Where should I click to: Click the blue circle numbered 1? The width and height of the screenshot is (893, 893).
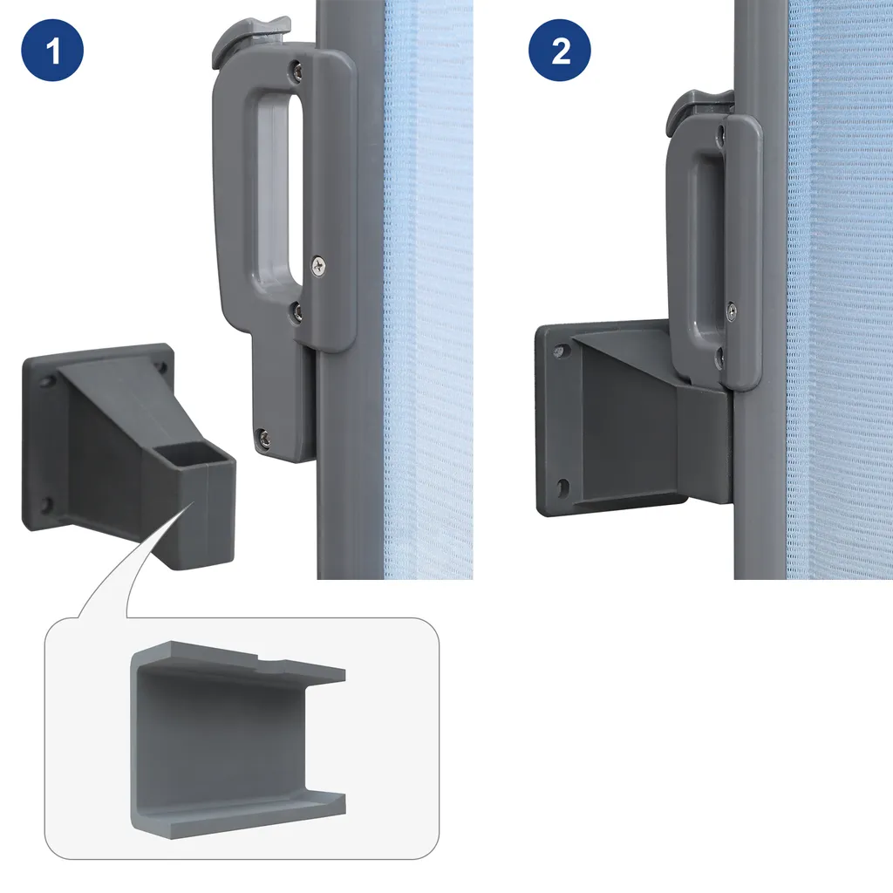52,50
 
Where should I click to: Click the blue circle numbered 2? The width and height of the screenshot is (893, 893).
560,50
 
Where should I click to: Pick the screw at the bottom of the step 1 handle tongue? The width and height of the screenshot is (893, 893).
263,438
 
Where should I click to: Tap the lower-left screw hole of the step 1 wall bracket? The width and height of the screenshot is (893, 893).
45,505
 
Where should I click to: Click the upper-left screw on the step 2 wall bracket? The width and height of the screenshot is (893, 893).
561,351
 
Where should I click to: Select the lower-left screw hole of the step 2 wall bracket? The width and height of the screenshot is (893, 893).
562,487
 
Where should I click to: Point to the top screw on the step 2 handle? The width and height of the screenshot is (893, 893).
721,135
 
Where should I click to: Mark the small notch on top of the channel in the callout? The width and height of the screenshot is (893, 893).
270,660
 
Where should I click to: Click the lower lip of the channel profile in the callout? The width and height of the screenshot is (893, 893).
239,815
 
